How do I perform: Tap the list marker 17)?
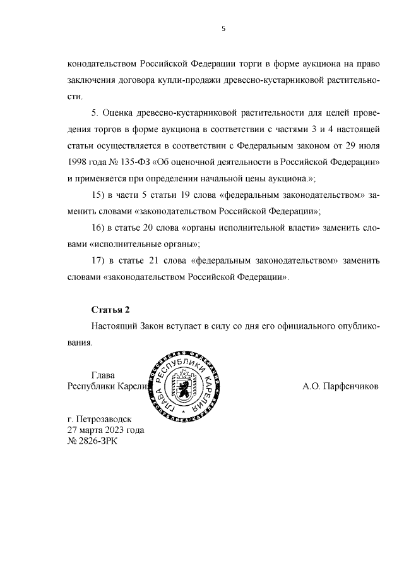point(100,260)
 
